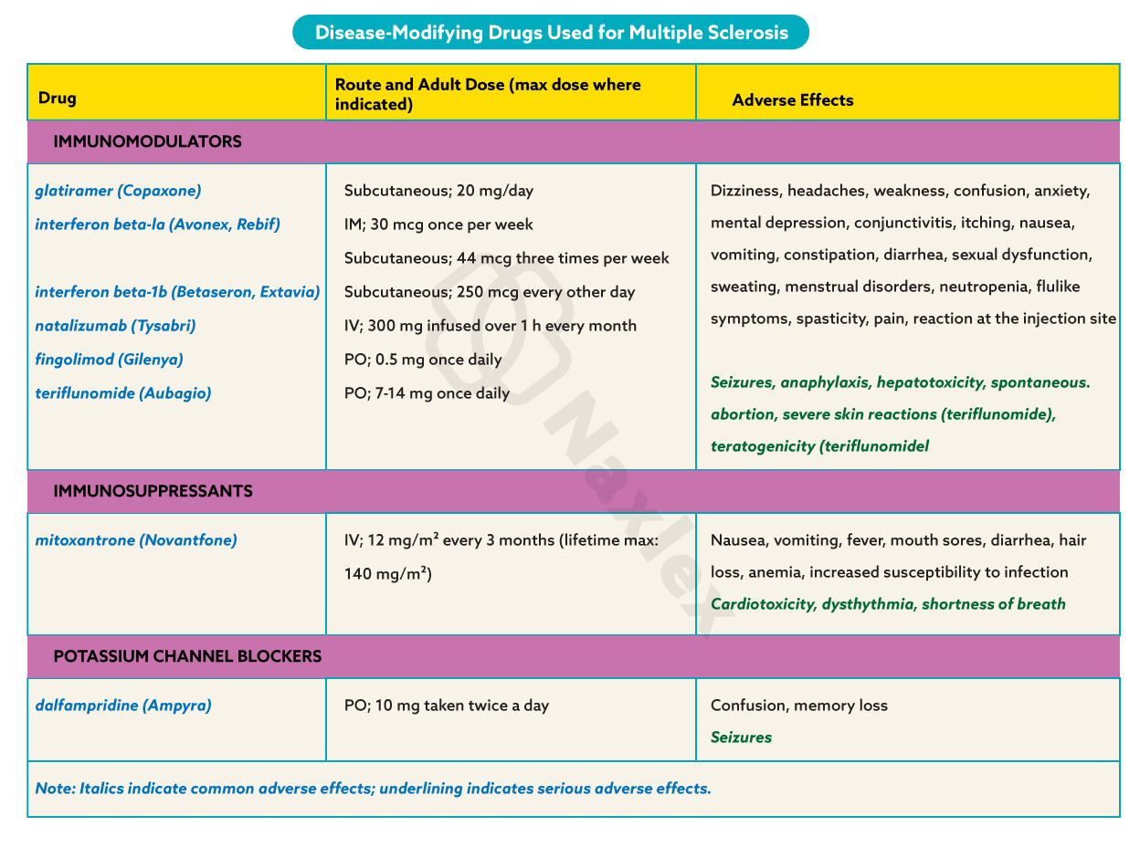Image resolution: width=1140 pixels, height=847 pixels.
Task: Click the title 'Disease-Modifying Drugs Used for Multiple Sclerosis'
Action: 551,33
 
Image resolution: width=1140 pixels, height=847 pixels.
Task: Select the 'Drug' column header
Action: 58,99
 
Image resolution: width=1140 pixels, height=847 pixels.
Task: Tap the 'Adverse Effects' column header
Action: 792,100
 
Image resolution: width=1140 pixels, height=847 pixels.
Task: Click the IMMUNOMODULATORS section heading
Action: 147,141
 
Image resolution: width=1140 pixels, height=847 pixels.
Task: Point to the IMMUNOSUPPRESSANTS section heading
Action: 153,491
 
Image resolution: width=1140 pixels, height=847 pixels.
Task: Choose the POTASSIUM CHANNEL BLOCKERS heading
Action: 187,656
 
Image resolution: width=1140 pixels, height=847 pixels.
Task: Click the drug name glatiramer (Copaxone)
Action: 118,191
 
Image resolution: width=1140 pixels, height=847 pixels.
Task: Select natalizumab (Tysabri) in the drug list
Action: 115,326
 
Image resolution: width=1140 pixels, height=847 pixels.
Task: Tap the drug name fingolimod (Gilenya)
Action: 109,360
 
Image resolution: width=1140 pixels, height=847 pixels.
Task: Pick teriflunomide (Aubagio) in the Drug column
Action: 122,393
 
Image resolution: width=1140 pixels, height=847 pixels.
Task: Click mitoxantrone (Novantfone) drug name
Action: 135,540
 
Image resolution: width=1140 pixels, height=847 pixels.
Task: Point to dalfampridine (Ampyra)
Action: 122,706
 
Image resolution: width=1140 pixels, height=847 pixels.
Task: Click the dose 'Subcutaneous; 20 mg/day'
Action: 438,191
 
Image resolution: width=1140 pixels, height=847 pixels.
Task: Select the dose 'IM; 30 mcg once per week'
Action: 438,225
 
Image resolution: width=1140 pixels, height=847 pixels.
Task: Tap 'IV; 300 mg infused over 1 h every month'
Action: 490,326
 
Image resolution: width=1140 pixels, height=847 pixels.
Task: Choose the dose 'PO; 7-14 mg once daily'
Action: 427,393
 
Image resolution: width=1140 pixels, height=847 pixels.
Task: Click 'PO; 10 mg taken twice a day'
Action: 446,706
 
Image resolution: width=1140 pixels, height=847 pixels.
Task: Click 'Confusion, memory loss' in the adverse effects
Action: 798,706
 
